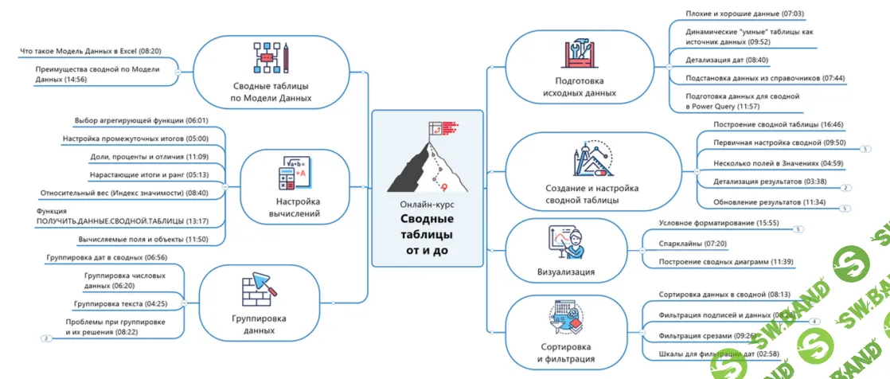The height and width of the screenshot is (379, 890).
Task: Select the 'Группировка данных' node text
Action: click(x=254, y=324)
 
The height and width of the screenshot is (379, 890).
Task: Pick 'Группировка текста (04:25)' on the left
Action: click(x=119, y=303)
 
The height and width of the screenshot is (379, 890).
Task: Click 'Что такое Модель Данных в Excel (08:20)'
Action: click(x=90, y=51)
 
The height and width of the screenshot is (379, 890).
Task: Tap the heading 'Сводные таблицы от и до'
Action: click(x=427, y=235)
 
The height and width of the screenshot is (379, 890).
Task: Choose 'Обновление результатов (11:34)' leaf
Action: click(x=758, y=202)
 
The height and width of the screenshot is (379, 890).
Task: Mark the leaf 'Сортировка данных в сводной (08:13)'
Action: click(x=724, y=295)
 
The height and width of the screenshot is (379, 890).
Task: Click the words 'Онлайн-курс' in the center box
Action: click(x=427, y=204)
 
